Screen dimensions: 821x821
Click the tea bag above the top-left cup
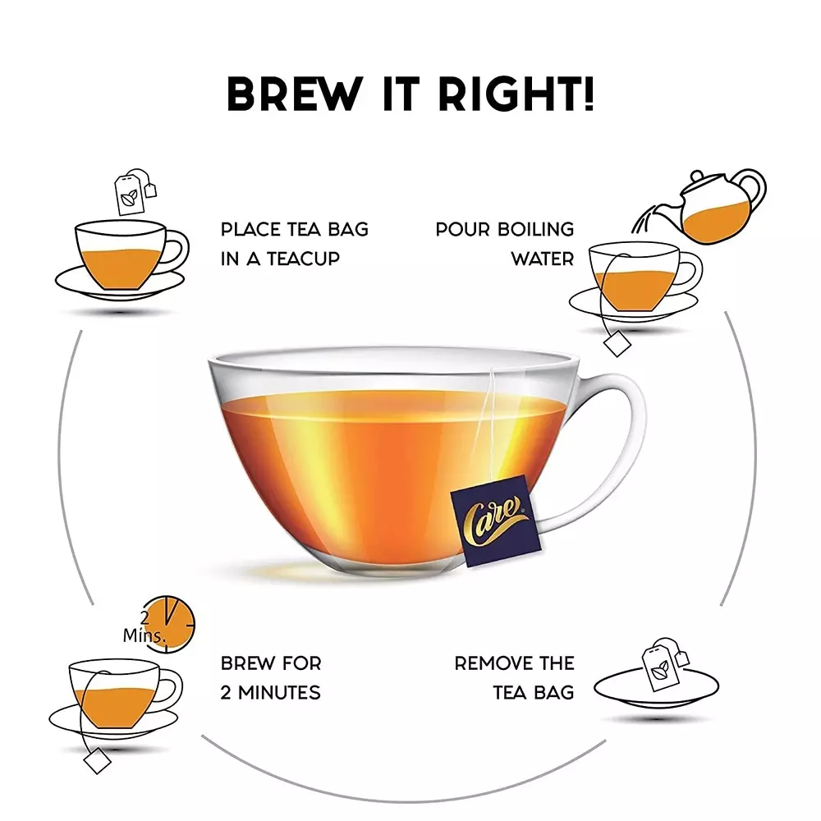131,192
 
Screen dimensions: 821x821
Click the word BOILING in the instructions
536,229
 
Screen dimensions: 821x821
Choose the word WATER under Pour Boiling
542,259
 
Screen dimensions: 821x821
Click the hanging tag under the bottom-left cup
97,761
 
